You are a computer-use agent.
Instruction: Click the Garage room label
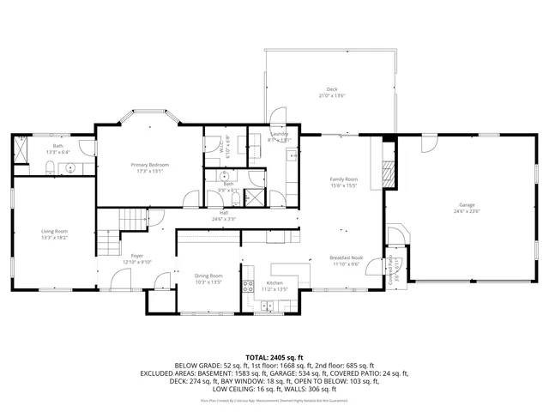click(467, 205)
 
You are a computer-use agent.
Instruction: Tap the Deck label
click(331, 89)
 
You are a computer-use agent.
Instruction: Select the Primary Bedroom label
click(149, 164)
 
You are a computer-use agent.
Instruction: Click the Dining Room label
click(208, 276)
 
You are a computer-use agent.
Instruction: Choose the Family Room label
click(344, 179)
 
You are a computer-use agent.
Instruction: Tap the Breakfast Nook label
click(347, 258)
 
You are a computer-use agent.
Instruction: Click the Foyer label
click(136, 256)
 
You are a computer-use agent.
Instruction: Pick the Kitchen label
click(274, 283)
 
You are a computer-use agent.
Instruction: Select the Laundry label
click(279, 135)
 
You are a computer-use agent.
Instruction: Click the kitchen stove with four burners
click(248, 287)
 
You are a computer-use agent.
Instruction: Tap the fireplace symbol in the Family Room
click(387, 172)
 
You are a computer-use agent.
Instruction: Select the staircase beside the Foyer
click(110, 243)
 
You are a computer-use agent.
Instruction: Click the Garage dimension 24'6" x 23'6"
click(467, 211)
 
